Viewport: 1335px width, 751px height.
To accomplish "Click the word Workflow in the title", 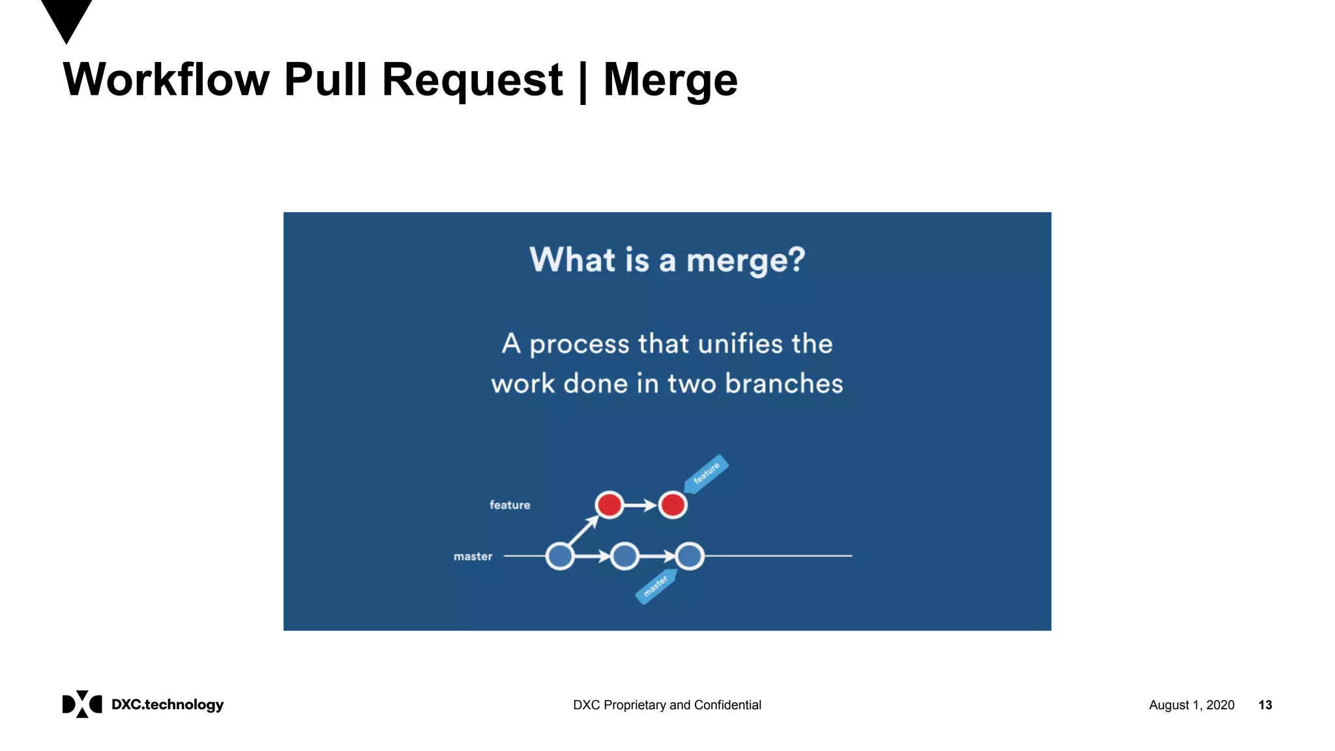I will tap(166, 80).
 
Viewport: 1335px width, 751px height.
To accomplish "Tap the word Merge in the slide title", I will tap(670, 80).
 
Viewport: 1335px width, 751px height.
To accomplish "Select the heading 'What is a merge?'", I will tap(667, 260).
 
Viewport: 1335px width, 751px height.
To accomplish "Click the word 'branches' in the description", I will tap(784, 383).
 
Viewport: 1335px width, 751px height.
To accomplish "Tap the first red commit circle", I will tap(609, 505).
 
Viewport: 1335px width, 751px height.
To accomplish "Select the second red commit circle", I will tap(673, 505).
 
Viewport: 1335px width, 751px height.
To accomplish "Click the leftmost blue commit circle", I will tap(560, 556).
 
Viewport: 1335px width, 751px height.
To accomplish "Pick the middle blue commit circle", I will tap(625, 556).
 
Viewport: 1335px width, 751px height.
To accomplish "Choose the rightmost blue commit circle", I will tap(690, 556).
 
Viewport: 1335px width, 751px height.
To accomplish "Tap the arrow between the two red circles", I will tap(641, 505).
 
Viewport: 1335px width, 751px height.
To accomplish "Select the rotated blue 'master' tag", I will tap(656, 585).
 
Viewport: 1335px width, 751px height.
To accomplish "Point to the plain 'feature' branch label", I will tap(510, 505).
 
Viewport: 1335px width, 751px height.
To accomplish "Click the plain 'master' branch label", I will tap(473, 556).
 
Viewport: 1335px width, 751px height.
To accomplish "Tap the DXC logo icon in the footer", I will tap(82, 704).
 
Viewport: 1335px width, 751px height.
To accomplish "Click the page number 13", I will tap(1265, 705).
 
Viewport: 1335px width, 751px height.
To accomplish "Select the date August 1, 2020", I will tap(1191, 705).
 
